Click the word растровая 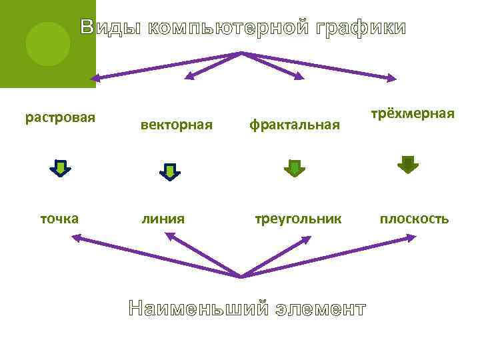(60, 118)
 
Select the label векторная (177, 124)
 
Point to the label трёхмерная (413, 113)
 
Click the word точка (59, 218)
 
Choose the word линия (163, 218)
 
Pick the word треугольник (297, 218)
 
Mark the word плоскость (414, 218)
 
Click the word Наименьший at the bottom (199, 309)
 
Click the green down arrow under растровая (60, 168)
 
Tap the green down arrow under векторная (170, 172)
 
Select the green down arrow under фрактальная (294, 168)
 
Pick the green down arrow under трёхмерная (407, 164)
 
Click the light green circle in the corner (47, 43)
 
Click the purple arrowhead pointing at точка (76, 237)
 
